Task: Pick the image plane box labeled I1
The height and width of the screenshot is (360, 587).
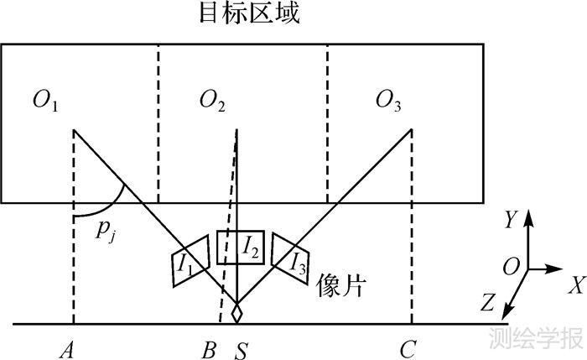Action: point(188,261)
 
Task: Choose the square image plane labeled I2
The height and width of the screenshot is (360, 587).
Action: point(241,247)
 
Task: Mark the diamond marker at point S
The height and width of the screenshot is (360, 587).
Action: point(237,313)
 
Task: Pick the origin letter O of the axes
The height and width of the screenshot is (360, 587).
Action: point(510,268)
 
